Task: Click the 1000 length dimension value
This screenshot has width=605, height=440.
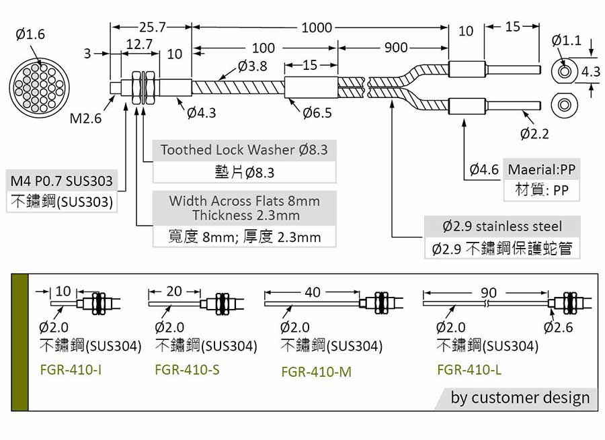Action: point(317,28)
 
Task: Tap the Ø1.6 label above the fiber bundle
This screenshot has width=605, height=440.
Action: point(30,34)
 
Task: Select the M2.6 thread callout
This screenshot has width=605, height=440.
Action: point(85,118)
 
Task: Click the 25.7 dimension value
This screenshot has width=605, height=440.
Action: point(153,27)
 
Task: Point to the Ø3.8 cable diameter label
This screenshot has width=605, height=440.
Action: point(253,66)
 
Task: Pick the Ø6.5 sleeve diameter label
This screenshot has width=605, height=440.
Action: point(317,113)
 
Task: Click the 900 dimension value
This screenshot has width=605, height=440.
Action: point(396,48)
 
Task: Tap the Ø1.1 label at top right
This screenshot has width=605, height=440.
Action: point(567,40)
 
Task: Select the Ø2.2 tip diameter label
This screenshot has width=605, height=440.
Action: point(534,134)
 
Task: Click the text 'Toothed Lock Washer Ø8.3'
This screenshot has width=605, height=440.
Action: point(244,150)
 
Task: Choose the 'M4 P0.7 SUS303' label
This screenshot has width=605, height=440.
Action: point(62,181)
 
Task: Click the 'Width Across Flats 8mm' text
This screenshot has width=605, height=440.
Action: point(244,201)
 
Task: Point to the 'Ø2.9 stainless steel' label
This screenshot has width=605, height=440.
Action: point(502,226)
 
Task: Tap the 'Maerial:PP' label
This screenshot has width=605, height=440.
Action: point(542,169)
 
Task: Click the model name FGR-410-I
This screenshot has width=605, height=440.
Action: point(71,370)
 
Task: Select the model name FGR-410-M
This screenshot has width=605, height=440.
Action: point(317,371)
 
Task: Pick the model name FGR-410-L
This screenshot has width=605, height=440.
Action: point(470,370)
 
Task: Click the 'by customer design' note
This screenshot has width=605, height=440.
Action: point(520,398)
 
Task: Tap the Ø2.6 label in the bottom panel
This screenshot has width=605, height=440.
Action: point(559,327)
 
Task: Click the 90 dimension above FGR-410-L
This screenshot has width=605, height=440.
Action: point(489,293)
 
